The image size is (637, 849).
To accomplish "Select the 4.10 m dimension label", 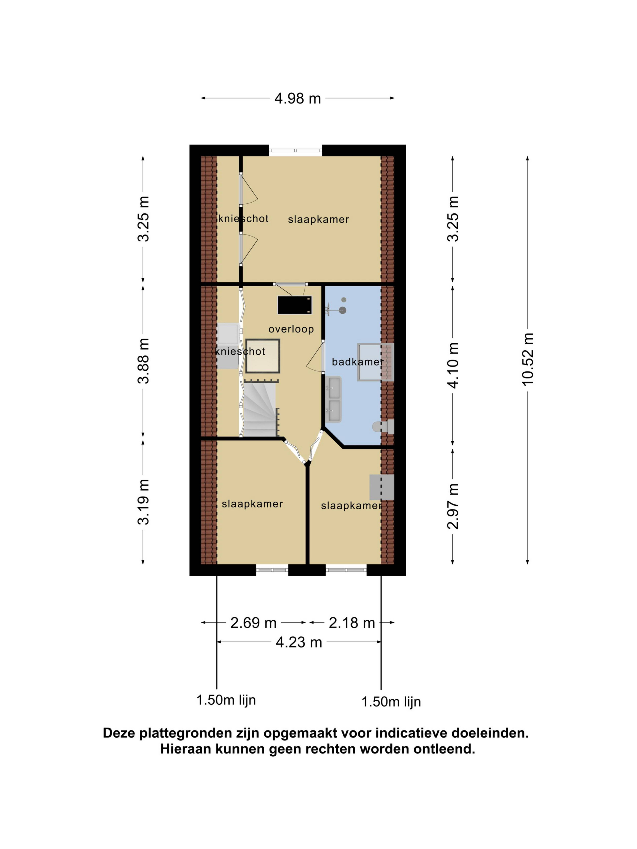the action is click(x=453, y=365).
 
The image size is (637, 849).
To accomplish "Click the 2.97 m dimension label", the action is click(x=453, y=506).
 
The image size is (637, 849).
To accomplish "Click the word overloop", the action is click(x=291, y=329).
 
